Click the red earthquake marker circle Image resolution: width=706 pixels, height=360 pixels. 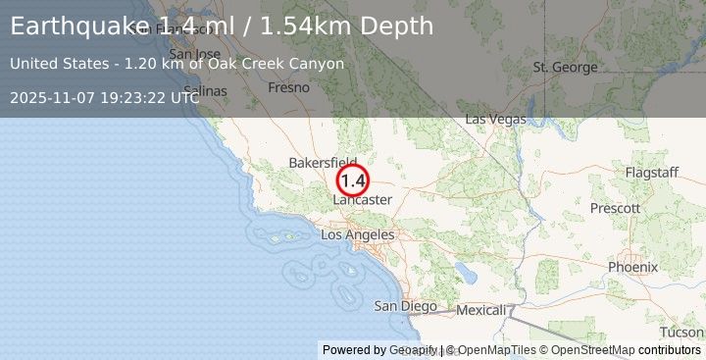click(353, 180)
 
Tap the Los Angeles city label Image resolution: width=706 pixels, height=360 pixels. click(358, 235)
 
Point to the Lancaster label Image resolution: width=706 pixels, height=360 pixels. click(363, 200)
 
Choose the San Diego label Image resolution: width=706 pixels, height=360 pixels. click(406, 306)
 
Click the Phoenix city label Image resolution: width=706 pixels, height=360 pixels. click(632, 267)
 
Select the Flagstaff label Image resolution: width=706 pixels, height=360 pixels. click(651, 173)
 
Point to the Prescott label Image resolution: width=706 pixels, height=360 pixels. click(617, 208)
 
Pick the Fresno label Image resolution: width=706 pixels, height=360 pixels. click(290, 87)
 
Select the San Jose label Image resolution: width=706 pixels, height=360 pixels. click(194, 54)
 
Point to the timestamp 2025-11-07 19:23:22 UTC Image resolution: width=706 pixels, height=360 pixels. click(105, 97)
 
